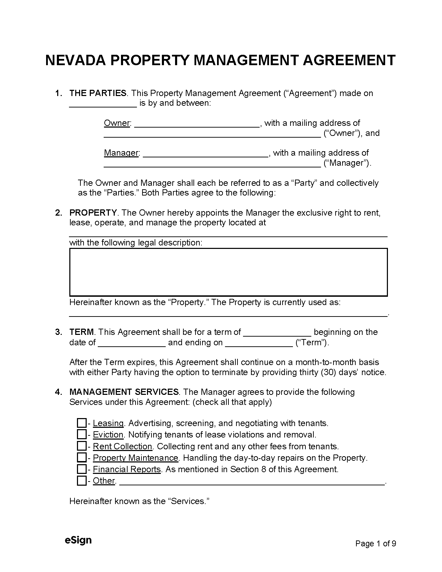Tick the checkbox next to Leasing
tap(81, 423)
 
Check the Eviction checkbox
tap(81, 434)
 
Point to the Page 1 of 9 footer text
tap(375, 544)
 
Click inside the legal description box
tap(228, 272)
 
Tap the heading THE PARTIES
tap(98, 93)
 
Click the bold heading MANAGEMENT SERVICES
tap(124, 392)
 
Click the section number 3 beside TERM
tap(58, 332)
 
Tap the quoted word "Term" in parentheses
tap(312, 343)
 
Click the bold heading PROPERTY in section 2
tap(93, 213)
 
